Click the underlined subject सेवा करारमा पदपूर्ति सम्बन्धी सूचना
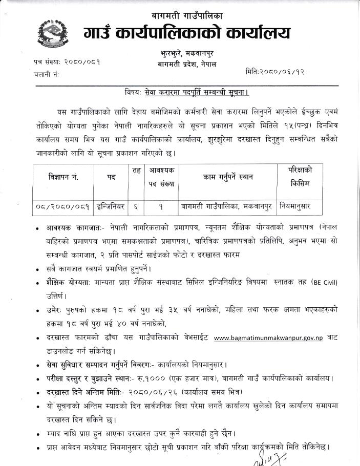[x=196, y=93]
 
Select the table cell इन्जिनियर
[x=111, y=206]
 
